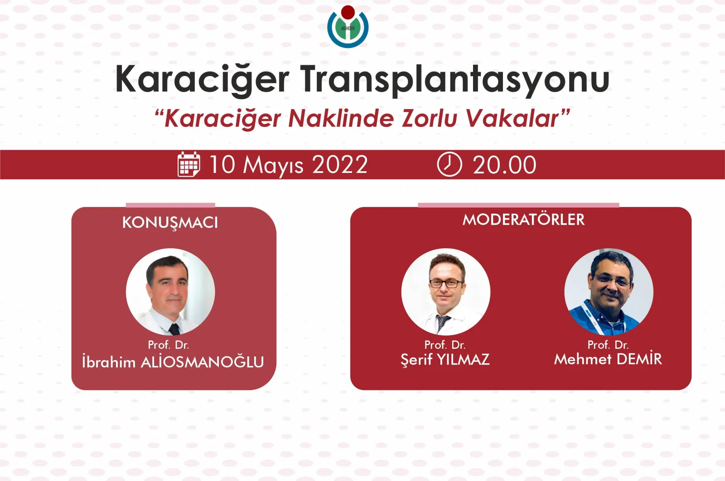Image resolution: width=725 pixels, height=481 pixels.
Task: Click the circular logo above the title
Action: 348,27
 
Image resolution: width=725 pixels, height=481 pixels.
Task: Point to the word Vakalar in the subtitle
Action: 512,119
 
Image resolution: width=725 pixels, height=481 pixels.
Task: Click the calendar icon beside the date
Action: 188,164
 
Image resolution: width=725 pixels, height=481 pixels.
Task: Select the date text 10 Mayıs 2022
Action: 288,165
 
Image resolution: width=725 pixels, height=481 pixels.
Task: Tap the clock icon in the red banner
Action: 449,164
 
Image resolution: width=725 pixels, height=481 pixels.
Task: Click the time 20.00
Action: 504,165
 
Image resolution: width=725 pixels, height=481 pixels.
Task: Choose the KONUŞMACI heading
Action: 170,222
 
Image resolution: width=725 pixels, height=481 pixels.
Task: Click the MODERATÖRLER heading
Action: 523,220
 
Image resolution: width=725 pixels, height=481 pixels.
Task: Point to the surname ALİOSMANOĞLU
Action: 203,362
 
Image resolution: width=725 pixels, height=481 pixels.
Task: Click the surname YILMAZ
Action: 463,360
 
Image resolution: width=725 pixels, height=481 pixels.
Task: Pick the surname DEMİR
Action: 639,359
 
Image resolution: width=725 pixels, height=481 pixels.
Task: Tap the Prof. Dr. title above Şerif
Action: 445,345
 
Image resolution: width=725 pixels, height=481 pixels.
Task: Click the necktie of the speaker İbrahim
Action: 174,328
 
